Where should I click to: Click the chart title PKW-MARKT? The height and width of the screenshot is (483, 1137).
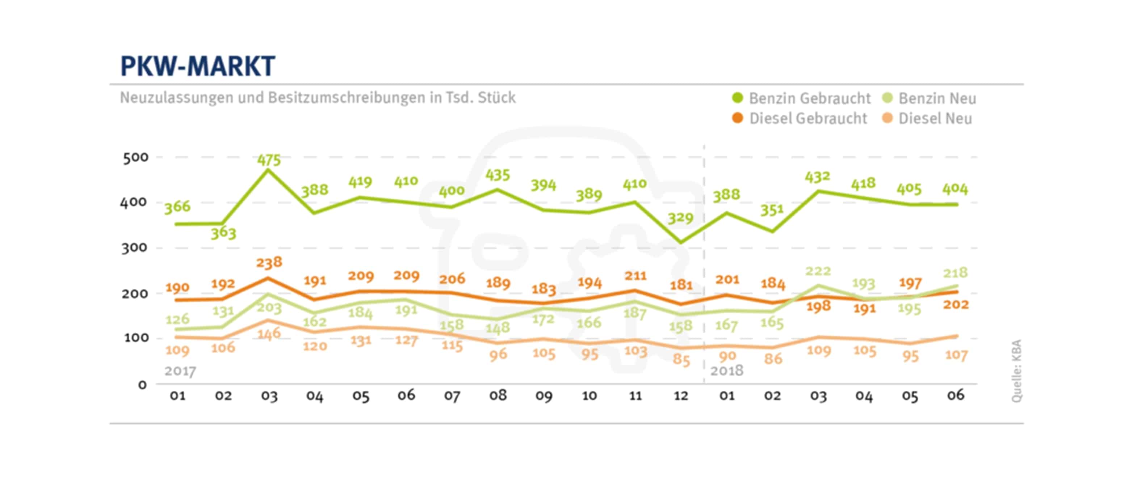point(197,66)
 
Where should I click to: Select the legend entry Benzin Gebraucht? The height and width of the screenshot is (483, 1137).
point(801,98)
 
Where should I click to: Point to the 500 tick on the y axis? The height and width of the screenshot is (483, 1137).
point(135,157)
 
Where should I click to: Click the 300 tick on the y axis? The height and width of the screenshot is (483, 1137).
point(134,248)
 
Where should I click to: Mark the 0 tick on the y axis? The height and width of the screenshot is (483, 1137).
point(142,385)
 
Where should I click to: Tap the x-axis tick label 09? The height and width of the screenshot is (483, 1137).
point(544,396)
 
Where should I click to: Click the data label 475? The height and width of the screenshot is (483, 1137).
point(269,160)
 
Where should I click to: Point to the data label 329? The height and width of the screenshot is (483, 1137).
point(680,218)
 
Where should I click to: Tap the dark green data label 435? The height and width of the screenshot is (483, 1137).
point(498,175)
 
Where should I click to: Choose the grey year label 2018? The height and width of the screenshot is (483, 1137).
point(726,370)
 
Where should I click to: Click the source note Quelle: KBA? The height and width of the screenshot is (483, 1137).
point(1016,370)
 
